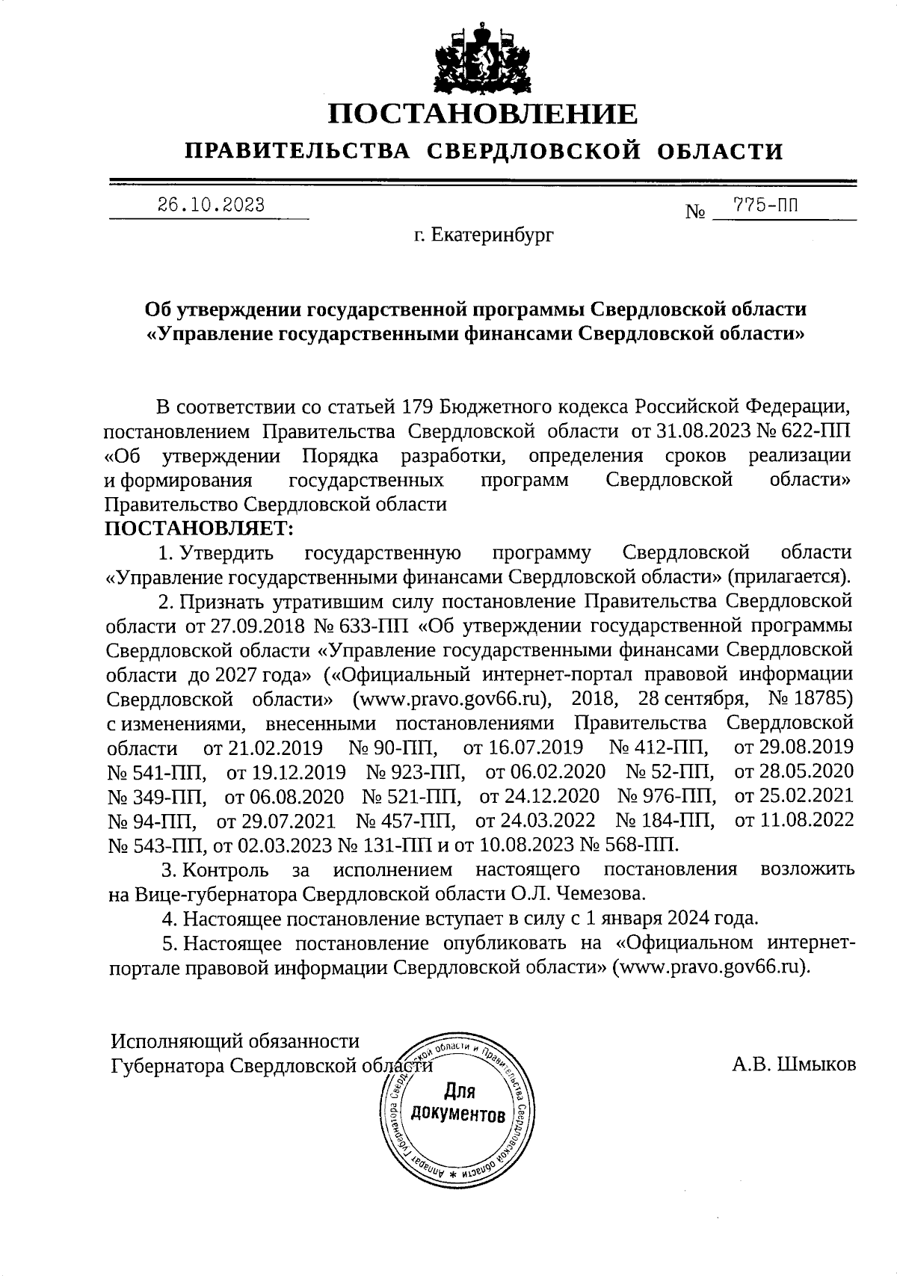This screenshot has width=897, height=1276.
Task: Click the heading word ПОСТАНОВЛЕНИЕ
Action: pyautogui.click(x=484, y=114)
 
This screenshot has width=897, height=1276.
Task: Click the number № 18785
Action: pyautogui.click(x=810, y=698)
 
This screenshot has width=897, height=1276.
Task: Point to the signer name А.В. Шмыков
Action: pyautogui.click(x=794, y=1064)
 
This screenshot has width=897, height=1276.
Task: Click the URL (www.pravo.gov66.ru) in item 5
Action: pyautogui.click(x=711, y=967)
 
